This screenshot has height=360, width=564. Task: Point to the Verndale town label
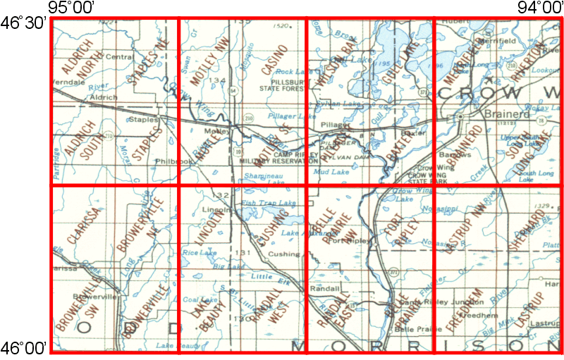[67, 81]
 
